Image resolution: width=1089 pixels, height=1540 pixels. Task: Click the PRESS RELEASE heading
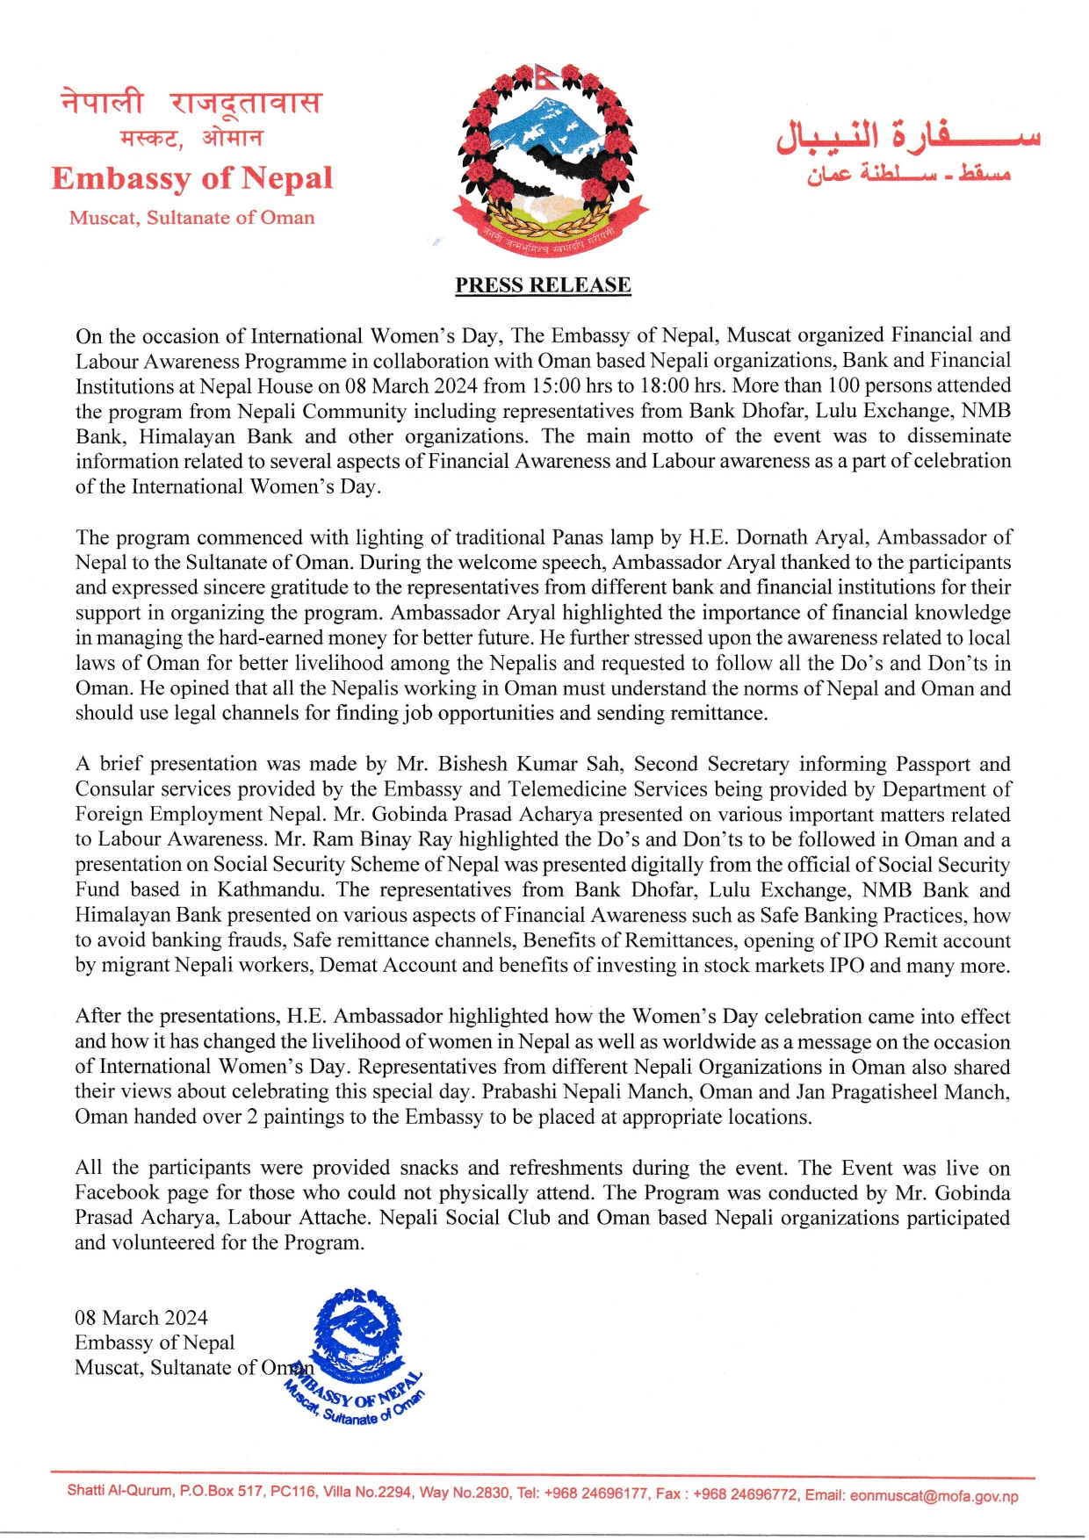tap(543, 285)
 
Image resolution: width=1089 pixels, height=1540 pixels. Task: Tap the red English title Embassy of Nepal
tap(192, 178)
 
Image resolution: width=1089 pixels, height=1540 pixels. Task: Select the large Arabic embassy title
tap(908, 135)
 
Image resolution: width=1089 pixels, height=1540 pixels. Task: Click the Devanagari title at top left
tap(191, 104)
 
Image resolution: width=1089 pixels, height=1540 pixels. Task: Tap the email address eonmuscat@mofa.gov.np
tap(934, 1496)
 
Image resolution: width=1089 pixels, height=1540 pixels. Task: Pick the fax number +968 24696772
tap(746, 1494)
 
